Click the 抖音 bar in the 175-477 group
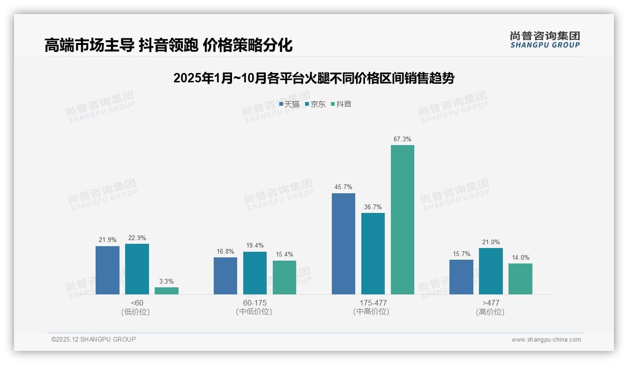[x=403, y=219]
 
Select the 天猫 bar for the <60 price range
[x=107, y=270]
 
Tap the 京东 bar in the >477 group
[x=491, y=271]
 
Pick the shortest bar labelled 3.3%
[x=166, y=291]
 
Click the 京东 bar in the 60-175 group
[x=255, y=273]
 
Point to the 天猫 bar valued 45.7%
[x=344, y=243]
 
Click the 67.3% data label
[x=403, y=139]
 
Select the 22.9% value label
[x=137, y=238]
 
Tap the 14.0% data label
[x=520, y=257]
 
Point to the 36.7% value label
[x=373, y=207]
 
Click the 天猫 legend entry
[x=289, y=104]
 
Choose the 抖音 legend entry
[x=341, y=104]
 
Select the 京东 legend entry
[x=315, y=104]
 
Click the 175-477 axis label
[x=373, y=303]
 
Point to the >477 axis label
[x=491, y=303]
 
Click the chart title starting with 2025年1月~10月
[x=314, y=78]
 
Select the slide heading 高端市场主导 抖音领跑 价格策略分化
[x=168, y=45]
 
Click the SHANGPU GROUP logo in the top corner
[x=545, y=39]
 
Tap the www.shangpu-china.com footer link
[x=546, y=340]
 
